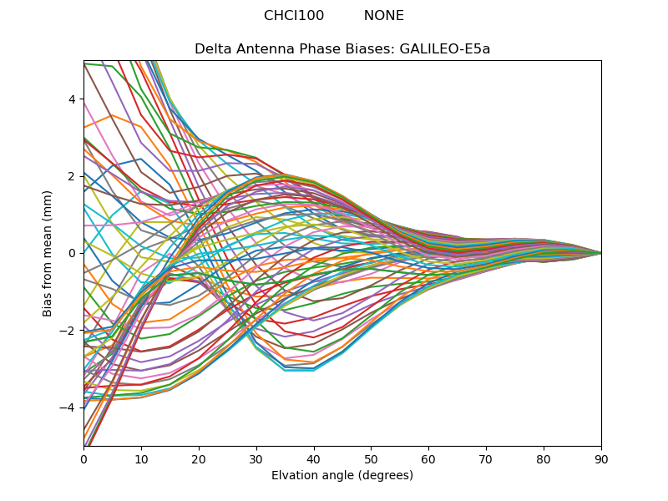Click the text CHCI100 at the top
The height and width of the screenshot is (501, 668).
tap(294, 15)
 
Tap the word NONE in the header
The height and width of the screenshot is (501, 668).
tap(384, 15)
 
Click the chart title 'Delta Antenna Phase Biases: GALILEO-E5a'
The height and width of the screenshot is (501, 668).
tap(342, 49)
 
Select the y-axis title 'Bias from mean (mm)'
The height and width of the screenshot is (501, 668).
tap(47, 254)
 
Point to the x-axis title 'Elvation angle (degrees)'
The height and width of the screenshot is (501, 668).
tap(342, 475)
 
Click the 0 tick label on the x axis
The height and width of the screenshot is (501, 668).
tap(84, 459)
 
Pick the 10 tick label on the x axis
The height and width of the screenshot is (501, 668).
tap(141, 459)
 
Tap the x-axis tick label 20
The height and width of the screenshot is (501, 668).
tap(199, 459)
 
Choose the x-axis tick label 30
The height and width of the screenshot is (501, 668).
tap(256, 459)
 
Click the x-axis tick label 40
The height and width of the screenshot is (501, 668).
tap(314, 459)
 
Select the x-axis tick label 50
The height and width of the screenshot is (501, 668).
tap(372, 459)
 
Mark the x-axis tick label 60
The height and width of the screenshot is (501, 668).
tap(429, 459)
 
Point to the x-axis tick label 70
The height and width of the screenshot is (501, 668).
tap(487, 459)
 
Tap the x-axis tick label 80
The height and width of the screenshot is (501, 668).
tap(544, 459)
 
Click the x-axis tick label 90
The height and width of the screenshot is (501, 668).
tap(601, 459)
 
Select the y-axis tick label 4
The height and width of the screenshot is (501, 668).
tap(72, 99)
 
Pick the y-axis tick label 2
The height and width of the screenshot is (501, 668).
tap(72, 176)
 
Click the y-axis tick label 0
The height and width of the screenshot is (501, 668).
tap(72, 254)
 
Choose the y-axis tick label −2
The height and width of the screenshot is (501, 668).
tap(68, 331)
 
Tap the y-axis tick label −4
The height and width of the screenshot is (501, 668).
tap(68, 407)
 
